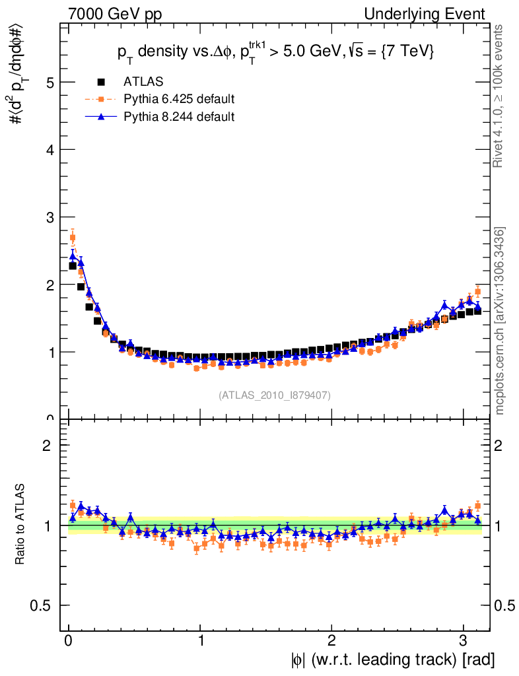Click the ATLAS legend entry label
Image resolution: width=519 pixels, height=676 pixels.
click(143, 82)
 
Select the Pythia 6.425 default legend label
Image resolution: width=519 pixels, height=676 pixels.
click(179, 99)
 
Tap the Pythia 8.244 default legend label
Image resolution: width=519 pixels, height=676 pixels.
click(179, 116)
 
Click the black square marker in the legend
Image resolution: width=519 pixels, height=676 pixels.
click(101, 82)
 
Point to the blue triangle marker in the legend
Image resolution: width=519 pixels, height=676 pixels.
click(101, 116)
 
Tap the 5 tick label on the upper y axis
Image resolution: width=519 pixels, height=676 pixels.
click(49, 83)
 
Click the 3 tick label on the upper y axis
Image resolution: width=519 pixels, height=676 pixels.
click(49, 217)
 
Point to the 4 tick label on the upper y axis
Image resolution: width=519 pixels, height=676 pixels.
click(49, 150)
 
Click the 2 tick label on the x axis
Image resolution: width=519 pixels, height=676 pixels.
click(331, 641)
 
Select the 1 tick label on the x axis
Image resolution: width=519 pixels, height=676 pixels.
click(200, 641)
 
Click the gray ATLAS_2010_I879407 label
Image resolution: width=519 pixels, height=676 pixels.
click(275, 395)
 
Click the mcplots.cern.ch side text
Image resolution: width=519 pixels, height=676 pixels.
click(500, 321)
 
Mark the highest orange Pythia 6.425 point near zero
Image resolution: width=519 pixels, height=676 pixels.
click(73, 238)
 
